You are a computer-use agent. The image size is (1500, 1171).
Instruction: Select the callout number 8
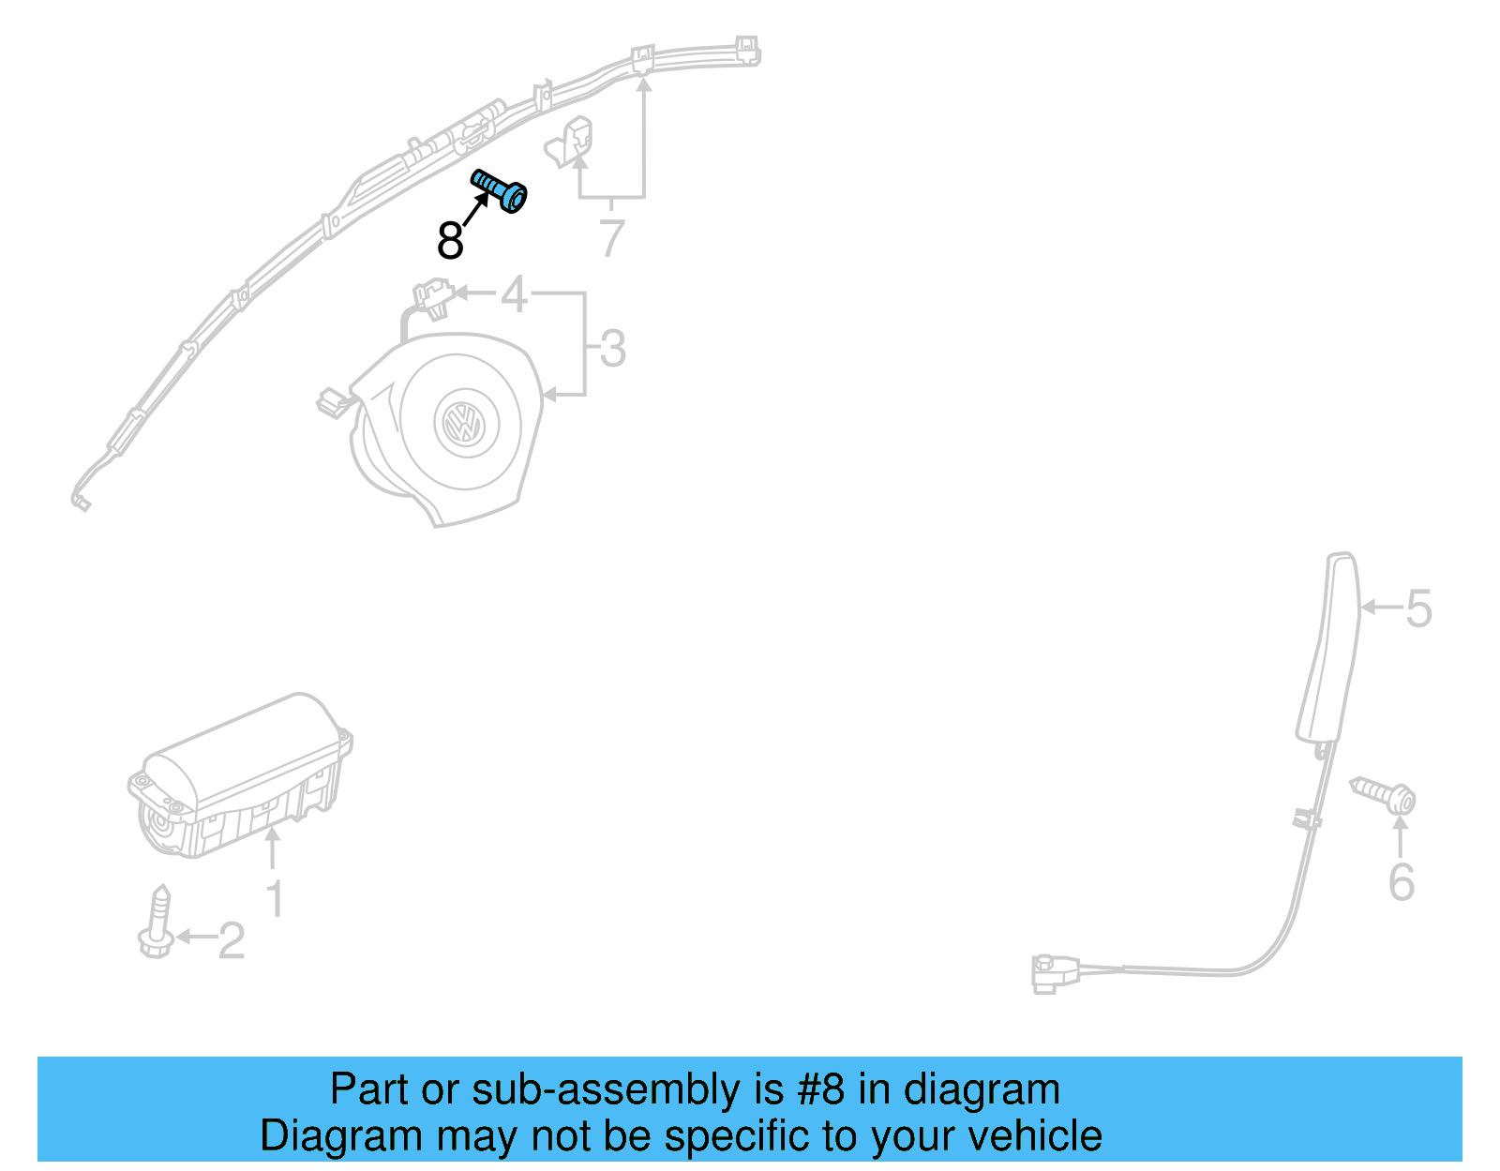450,241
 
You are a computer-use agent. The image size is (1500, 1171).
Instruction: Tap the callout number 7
611,238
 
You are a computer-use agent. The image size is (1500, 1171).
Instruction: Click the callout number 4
514,294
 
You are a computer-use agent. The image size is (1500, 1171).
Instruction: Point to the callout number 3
612,349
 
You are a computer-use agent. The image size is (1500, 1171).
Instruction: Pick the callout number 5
1418,608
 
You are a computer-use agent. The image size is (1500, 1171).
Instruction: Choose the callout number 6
1401,882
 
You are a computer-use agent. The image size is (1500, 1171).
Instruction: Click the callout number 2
231,940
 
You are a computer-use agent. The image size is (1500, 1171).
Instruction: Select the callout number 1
274,899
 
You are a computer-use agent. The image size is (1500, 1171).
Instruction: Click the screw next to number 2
157,923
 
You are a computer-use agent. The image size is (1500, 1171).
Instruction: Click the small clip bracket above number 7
571,141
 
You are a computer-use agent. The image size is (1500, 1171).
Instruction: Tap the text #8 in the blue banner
820,1089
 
